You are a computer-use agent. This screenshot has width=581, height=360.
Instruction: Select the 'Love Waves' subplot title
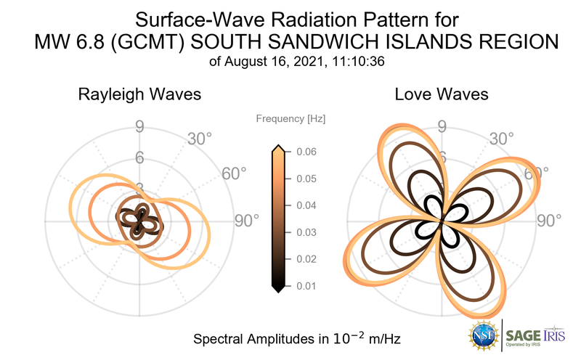point(441,94)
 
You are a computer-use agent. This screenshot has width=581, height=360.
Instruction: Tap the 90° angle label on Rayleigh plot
point(247,221)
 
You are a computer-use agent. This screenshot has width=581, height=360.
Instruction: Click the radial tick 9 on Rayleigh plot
point(139,128)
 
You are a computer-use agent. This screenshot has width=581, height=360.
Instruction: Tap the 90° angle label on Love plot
point(550,221)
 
